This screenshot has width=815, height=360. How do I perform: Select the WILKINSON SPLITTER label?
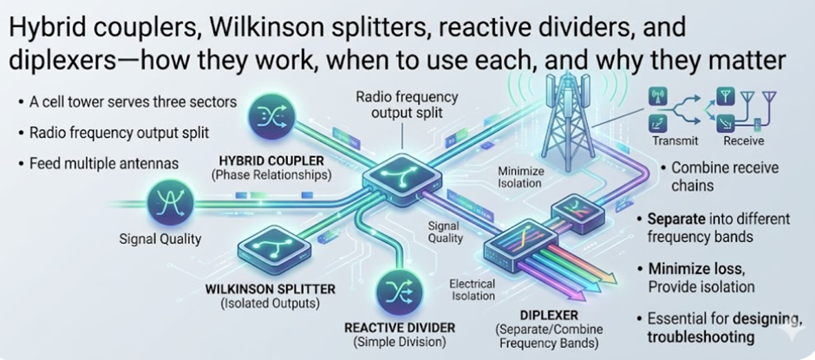(x=261, y=288)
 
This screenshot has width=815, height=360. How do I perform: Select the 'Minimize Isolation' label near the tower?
(x=520, y=177)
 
